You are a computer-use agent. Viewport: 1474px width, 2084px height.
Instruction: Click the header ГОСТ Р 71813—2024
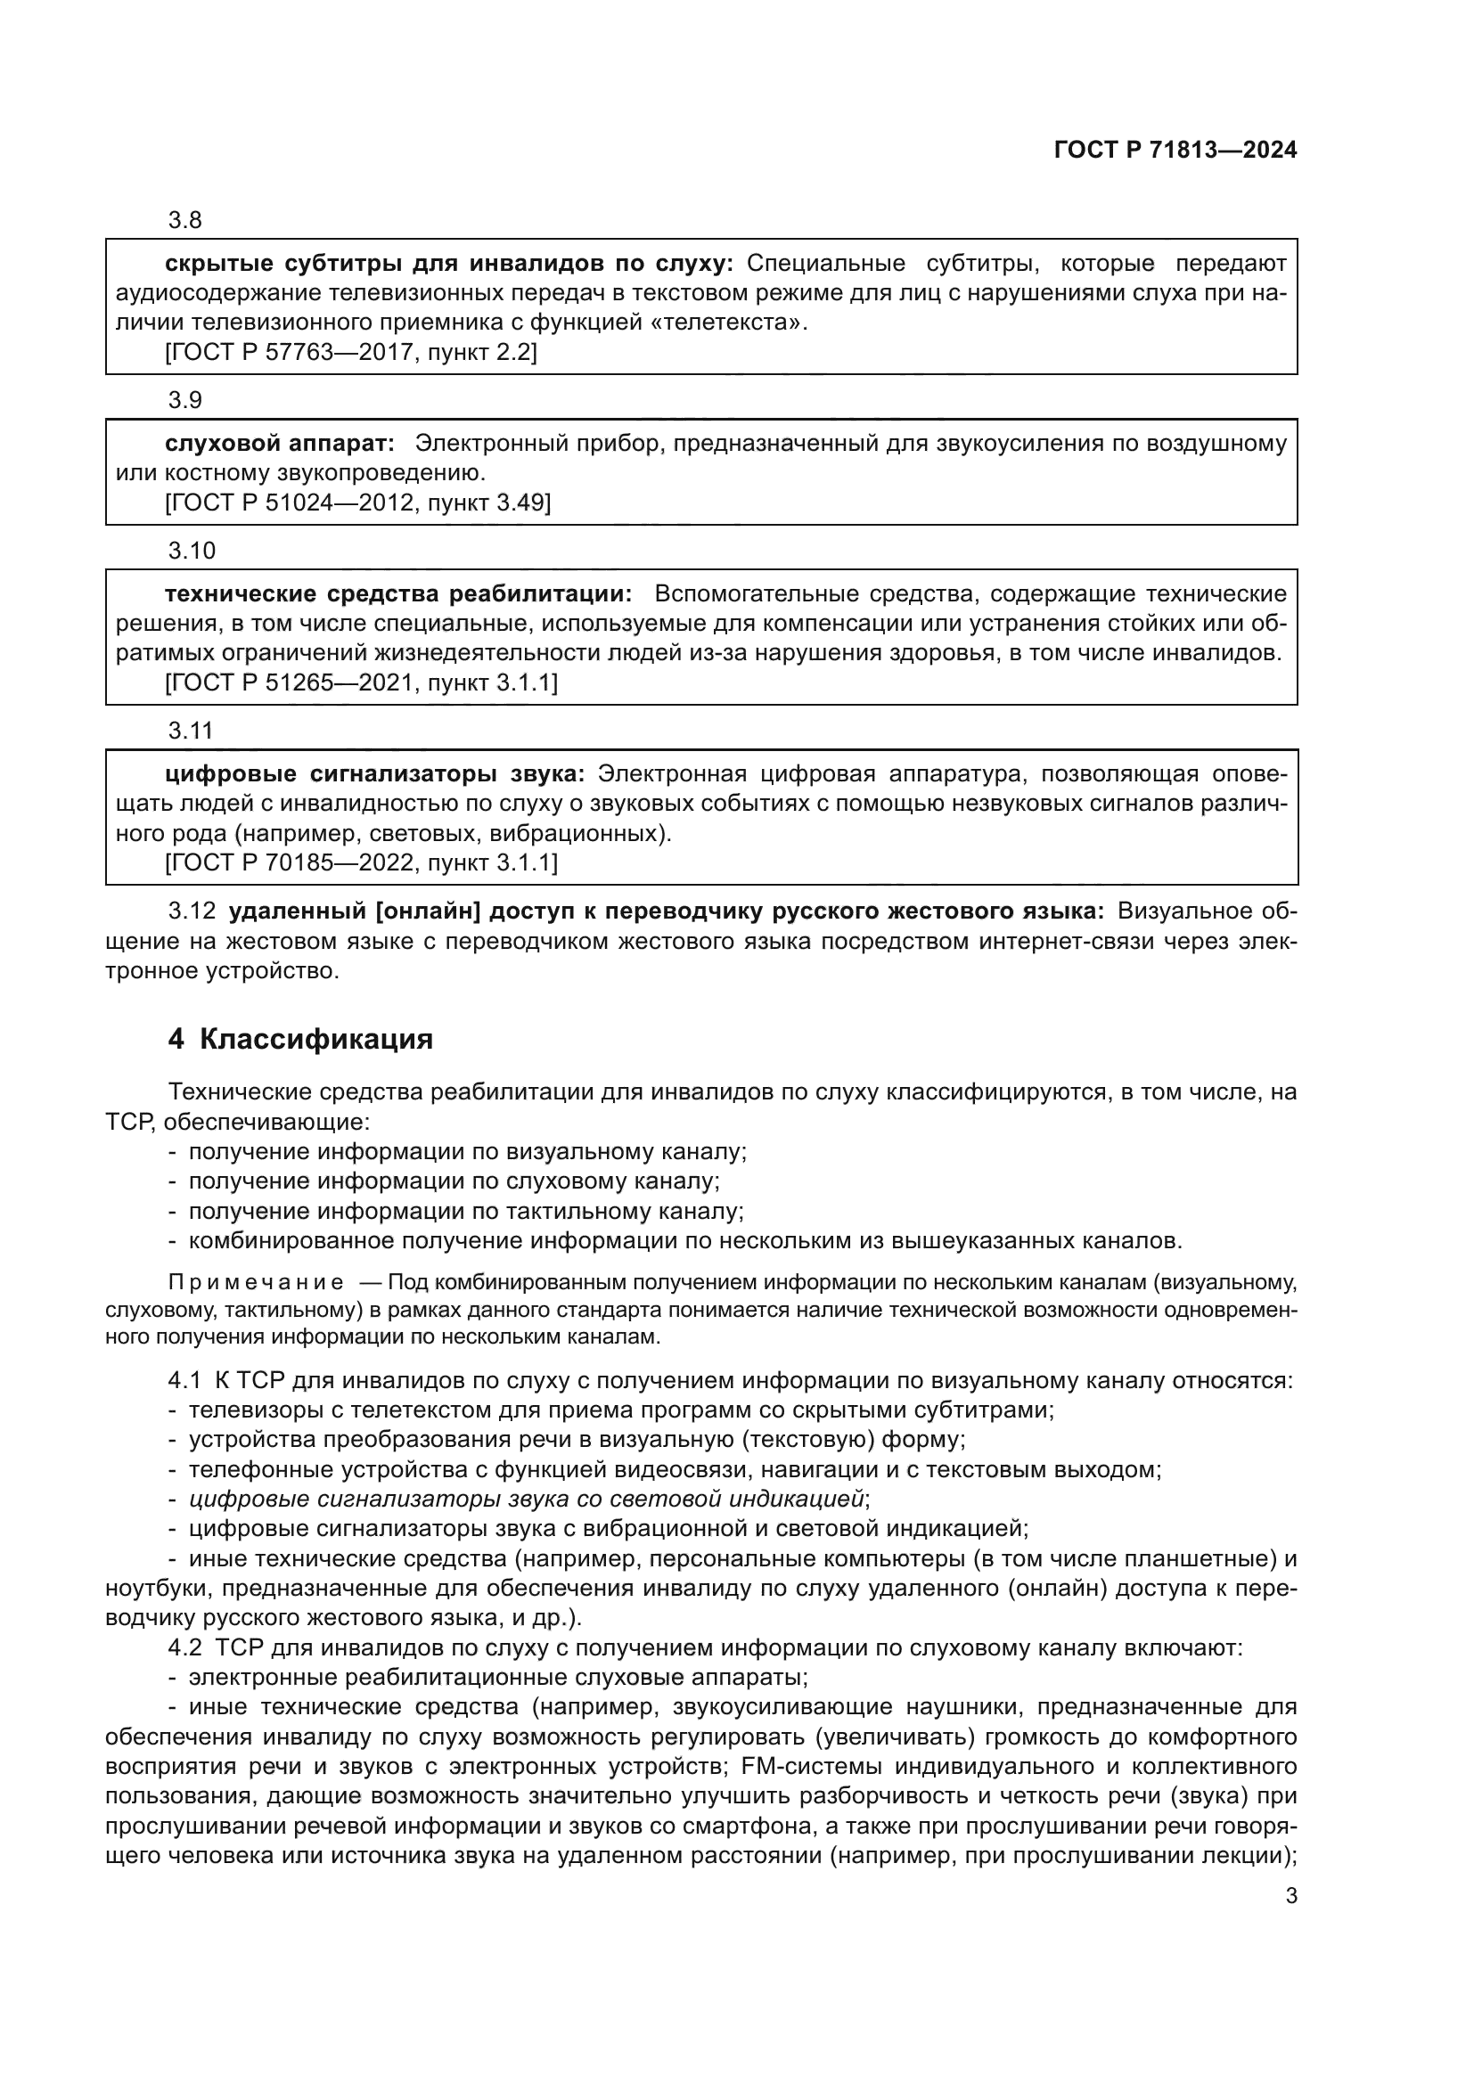pyautogui.click(x=1175, y=151)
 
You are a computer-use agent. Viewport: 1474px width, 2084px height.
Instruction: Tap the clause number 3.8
pyautogui.click(x=185, y=221)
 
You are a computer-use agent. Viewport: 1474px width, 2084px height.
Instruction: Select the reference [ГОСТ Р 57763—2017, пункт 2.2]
pyautogui.click(x=350, y=352)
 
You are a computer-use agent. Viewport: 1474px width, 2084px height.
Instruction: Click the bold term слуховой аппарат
pyautogui.click(x=280, y=443)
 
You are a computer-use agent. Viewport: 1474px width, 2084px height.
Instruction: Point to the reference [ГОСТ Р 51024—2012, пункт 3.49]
pyautogui.click(x=357, y=503)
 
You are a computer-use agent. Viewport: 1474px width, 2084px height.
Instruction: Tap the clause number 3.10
pyautogui.click(x=192, y=551)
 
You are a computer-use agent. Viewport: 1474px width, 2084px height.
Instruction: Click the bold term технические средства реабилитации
pyautogui.click(x=397, y=593)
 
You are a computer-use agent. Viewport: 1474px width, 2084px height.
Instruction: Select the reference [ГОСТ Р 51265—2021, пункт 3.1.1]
pyautogui.click(x=361, y=682)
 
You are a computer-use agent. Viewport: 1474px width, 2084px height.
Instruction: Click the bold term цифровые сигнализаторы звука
pyautogui.click(x=375, y=773)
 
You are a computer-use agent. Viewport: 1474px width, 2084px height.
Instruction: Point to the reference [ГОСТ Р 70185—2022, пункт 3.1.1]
pyautogui.click(x=361, y=862)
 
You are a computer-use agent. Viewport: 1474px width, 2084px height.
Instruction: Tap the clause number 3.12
pyautogui.click(x=192, y=911)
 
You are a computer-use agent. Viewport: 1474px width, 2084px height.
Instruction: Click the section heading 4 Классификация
pyautogui.click(x=300, y=1039)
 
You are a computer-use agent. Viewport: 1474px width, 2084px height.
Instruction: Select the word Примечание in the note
pyautogui.click(x=256, y=1282)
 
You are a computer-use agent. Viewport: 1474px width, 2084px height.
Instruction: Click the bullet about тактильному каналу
pyautogui.click(x=465, y=1212)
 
